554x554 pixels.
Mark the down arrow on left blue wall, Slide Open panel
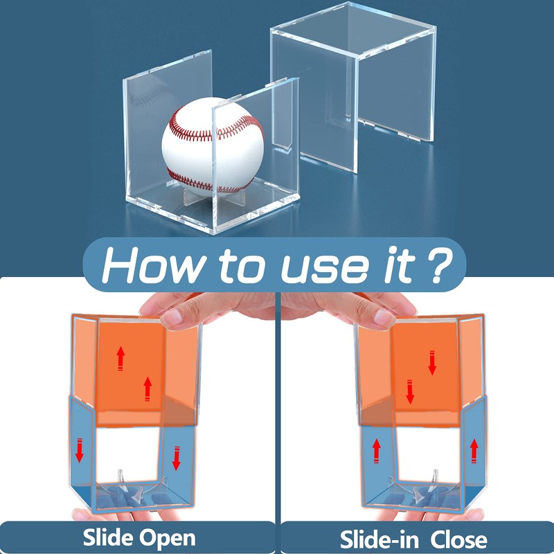coord(80,449)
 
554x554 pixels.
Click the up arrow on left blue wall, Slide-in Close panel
coord(376,451)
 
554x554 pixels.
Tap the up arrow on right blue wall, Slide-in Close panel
coord(474,450)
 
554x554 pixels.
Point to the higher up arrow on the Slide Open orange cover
coord(120,357)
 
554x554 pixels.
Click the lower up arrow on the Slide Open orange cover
coord(147,388)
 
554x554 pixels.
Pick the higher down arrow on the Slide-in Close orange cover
coord(432,362)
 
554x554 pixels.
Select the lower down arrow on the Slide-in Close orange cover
coord(409,391)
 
